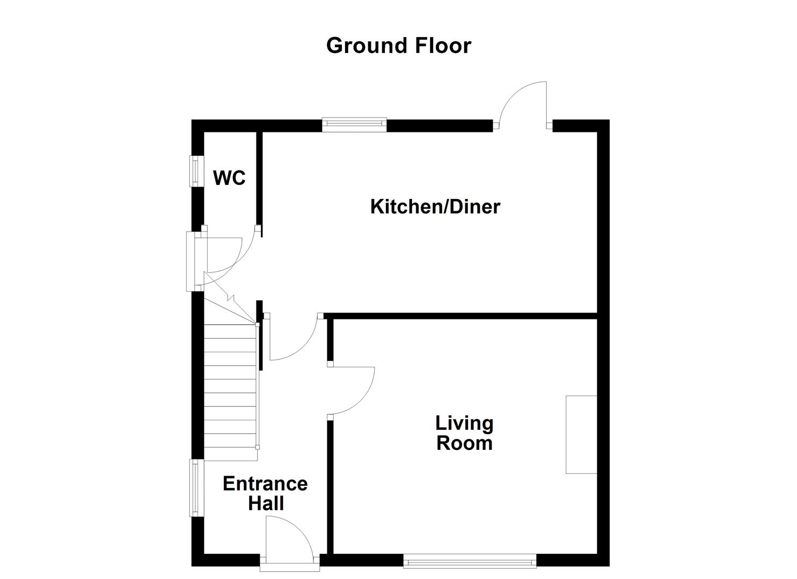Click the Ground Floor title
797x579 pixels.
[x=398, y=46]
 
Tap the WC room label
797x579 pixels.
[x=230, y=177]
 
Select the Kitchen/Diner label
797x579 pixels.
[x=435, y=206]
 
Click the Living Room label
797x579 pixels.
[x=464, y=433]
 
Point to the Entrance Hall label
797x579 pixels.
[x=265, y=493]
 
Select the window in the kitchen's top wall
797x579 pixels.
[x=354, y=125]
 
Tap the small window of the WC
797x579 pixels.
[x=196, y=171]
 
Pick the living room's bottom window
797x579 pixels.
[x=470, y=561]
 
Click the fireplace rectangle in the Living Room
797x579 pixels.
[x=581, y=434]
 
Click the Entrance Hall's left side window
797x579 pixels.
[x=196, y=488]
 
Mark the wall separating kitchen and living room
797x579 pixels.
[x=462, y=316]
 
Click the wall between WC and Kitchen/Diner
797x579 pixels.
[x=259, y=180]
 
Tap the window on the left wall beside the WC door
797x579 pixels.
[x=191, y=262]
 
